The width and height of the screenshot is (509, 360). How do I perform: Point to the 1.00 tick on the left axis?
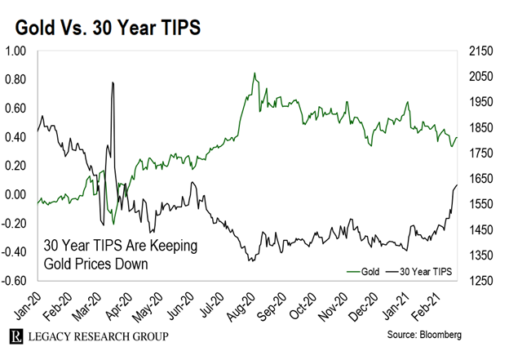(x=17, y=51)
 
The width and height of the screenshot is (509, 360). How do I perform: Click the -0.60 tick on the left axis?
(x=15, y=282)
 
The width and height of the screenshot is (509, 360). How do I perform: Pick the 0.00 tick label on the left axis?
(x=17, y=195)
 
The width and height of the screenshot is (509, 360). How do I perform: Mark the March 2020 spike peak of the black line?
(x=113, y=82)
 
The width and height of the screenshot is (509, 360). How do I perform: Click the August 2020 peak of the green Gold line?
(x=254, y=73)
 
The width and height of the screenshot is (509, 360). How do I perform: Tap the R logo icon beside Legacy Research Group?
(x=15, y=336)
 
